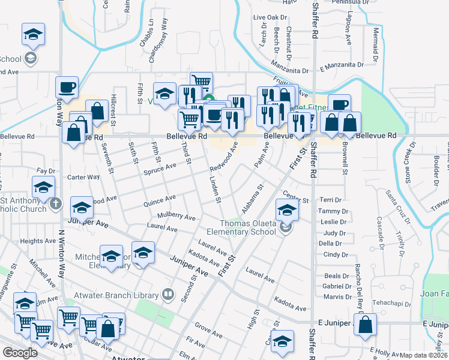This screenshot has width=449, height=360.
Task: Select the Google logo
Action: (x=20, y=353)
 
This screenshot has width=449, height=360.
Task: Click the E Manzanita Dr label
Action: (x=342, y=64)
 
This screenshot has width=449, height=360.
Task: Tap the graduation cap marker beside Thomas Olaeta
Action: (x=287, y=210)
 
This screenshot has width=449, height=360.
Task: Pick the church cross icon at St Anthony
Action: (x=55, y=203)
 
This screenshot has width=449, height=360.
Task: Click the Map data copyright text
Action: (x=423, y=355)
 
